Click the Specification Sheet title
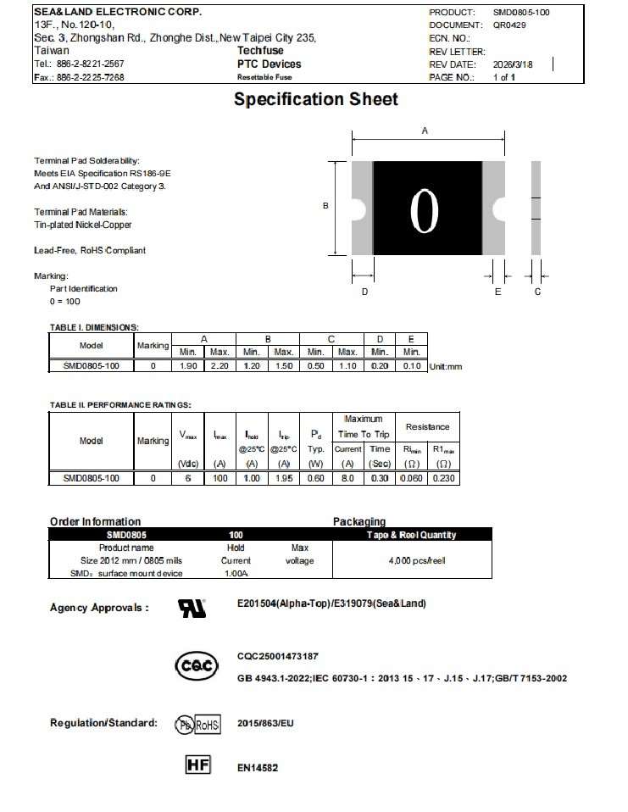315,99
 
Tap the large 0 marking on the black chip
424,208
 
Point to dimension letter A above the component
425,131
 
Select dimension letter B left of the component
325,205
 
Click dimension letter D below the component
364,292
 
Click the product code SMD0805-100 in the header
521,13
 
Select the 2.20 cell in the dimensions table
220,365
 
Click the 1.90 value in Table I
187,365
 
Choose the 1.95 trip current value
285,478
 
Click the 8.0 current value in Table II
347,478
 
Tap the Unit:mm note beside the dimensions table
446,366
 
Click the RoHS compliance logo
197,725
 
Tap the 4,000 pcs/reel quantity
411,561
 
